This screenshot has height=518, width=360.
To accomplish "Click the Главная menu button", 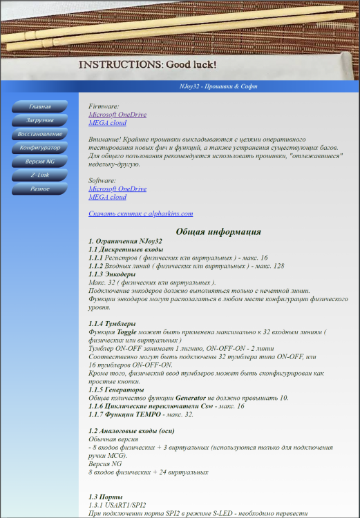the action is [x=39, y=106].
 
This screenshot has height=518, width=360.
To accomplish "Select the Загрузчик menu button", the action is [x=39, y=120].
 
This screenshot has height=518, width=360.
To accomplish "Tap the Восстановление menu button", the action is [x=39, y=134].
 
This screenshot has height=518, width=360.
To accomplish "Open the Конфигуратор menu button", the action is [x=39, y=148].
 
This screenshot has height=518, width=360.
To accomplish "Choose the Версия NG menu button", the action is [x=39, y=162].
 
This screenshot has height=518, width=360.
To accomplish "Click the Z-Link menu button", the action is [x=39, y=175].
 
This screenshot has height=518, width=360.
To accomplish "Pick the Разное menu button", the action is [x=39, y=189].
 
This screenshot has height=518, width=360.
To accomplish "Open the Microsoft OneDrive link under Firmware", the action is [x=117, y=115].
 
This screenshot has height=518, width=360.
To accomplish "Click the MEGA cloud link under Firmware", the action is [x=107, y=123].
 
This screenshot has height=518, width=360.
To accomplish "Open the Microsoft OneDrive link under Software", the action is [x=117, y=189].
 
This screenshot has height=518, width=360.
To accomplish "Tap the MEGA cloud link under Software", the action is [x=107, y=197].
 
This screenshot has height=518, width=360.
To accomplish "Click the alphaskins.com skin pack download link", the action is [x=140, y=214].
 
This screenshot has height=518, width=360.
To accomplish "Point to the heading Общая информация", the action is [x=218, y=232].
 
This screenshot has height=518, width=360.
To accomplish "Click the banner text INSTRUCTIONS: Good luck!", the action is [x=147, y=64].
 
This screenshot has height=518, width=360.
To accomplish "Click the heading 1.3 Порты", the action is [x=108, y=497].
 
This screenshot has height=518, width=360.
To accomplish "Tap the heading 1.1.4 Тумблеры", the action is [x=112, y=324].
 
